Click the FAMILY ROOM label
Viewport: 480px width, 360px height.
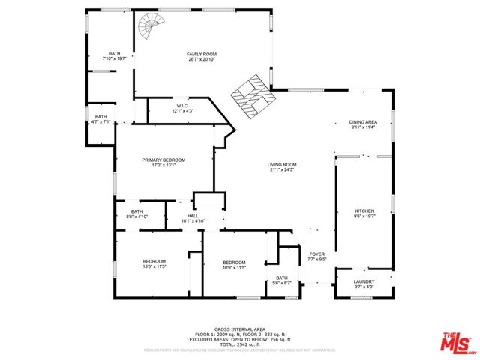tap(202, 54)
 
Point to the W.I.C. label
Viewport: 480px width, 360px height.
tap(183, 106)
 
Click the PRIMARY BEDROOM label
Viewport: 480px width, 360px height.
tap(164, 160)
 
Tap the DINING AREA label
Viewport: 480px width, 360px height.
tap(362, 122)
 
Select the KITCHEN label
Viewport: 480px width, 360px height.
tap(364, 211)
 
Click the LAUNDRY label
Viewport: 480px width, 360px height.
tap(364, 281)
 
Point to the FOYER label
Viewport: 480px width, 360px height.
tap(316, 254)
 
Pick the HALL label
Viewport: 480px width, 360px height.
tap(193, 216)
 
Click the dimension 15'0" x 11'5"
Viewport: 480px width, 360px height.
tap(154, 266)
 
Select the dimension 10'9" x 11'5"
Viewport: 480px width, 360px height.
tap(235, 267)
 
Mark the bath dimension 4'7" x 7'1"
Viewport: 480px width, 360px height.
tap(100, 121)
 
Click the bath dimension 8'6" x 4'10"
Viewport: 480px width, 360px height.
tap(136, 217)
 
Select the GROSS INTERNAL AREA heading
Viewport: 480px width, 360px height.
tap(240, 329)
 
